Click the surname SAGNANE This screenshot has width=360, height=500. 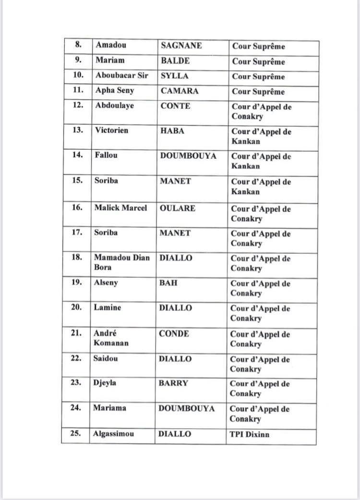coord(180,46)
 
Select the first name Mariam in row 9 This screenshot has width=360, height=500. coord(110,61)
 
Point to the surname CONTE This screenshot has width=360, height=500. coord(175,106)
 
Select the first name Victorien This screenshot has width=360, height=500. coord(111,131)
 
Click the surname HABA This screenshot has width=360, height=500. coord(171,131)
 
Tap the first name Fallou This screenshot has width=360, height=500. coord(106,155)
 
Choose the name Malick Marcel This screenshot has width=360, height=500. coord(120,208)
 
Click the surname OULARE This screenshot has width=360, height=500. coord(176,208)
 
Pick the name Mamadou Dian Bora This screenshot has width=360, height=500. coord(122,262)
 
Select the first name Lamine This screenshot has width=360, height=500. coord(108,308)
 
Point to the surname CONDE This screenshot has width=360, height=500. coord(174,333)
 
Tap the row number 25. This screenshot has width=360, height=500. coord(75,434)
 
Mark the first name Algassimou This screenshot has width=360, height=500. coord(114,434)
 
